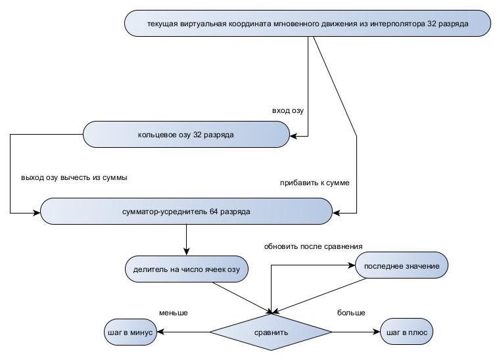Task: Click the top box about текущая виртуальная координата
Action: click(308, 24)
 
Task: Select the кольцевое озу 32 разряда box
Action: click(186, 135)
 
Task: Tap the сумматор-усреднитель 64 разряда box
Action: click(186, 212)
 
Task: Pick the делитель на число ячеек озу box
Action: click(187, 269)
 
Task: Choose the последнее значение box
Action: click(402, 265)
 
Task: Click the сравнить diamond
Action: click(271, 332)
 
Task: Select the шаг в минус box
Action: click(130, 332)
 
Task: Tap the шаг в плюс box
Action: click(407, 332)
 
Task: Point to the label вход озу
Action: click(288, 110)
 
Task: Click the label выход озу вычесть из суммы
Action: click(74, 177)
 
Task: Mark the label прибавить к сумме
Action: click(315, 183)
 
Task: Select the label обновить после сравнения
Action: click(314, 246)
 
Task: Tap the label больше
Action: click(351, 313)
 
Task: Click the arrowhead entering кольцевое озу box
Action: click(294, 136)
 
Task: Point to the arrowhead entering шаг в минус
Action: click(158, 332)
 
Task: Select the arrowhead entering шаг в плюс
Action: click(377, 332)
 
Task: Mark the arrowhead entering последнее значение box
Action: click(351, 265)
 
